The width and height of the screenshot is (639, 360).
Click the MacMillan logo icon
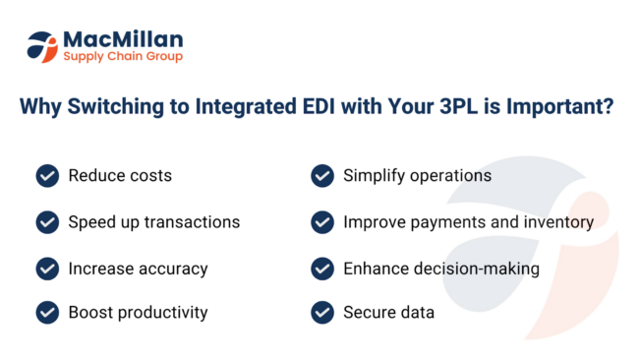click(x=43, y=46)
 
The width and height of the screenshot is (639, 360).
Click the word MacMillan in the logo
click(x=123, y=38)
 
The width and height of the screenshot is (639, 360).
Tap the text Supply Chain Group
click(x=123, y=57)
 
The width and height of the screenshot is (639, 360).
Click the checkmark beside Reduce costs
click(x=46, y=176)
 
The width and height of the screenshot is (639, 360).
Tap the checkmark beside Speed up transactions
click(x=46, y=222)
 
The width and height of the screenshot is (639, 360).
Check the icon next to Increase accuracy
click(x=46, y=268)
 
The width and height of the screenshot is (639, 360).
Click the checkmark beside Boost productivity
click(x=46, y=313)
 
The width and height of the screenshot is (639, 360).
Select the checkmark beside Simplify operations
click(x=321, y=176)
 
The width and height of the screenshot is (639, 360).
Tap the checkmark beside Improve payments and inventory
click(x=321, y=222)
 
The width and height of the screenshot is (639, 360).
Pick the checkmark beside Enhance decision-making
click(x=321, y=268)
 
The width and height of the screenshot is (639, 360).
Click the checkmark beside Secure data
click(x=321, y=313)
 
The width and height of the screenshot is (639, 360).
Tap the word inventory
click(x=559, y=222)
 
